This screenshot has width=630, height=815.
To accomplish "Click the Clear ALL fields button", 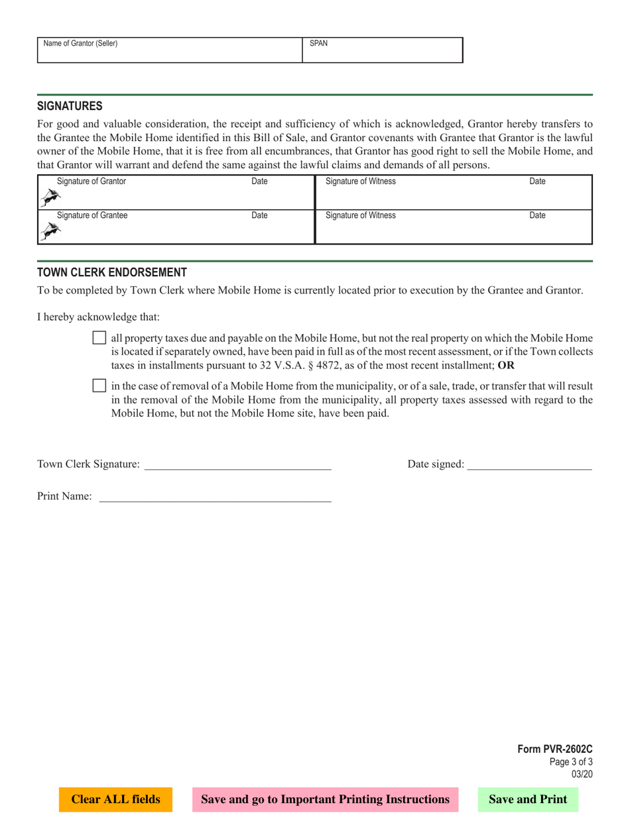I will click(x=115, y=800).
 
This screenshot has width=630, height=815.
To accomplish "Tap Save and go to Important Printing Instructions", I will click(x=325, y=800).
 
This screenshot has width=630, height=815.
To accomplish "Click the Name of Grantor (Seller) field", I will click(x=170, y=50).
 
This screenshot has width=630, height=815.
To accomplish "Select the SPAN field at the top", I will click(x=383, y=50).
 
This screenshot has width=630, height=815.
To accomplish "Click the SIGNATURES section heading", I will click(x=70, y=106).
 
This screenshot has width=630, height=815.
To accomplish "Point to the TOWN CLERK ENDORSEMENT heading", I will click(x=111, y=272).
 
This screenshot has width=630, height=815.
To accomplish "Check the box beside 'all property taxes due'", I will click(x=99, y=338).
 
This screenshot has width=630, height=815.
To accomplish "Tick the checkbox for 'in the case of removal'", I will click(x=99, y=386).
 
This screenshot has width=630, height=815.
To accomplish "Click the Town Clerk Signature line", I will click(x=237, y=464).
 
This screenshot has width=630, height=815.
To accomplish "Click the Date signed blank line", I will click(x=529, y=464).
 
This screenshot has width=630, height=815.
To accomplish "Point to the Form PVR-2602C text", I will click(x=554, y=749).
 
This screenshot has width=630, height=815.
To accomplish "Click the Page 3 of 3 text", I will click(x=571, y=761).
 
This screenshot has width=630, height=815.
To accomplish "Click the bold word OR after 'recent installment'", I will click(x=506, y=365).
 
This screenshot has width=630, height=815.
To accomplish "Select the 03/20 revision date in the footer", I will click(x=582, y=773).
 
